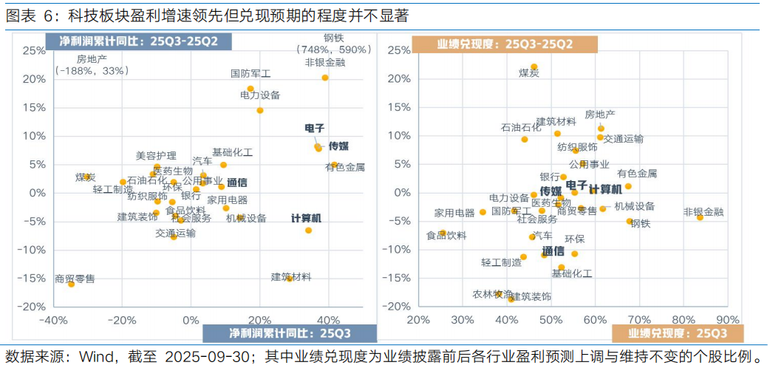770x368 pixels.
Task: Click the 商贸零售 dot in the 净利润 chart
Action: pyautogui.click(x=72, y=284)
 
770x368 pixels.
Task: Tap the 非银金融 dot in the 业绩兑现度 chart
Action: pyautogui.click(x=700, y=217)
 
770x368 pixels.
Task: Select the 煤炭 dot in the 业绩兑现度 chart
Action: pyautogui.click(x=534, y=67)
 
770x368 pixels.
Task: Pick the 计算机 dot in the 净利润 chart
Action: pyautogui.click(x=308, y=230)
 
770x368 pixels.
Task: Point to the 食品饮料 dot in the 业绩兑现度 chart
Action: pyautogui.click(x=442, y=234)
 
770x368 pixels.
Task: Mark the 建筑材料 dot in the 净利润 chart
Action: pyautogui.click(x=289, y=278)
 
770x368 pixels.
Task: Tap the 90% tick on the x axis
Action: pyautogui.click(x=728, y=320)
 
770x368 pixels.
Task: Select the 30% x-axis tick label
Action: pyautogui.click(x=463, y=320)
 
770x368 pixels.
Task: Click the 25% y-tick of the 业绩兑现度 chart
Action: pyautogui.click(x=398, y=50)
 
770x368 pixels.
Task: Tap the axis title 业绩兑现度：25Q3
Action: pyautogui.click(x=678, y=334)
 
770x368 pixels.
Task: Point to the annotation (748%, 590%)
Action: pyautogui.click(x=333, y=50)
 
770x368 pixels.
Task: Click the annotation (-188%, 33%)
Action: pyautogui.click(x=92, y=70)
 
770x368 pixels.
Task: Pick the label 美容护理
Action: pyautogui.click(x=156, y=156)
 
